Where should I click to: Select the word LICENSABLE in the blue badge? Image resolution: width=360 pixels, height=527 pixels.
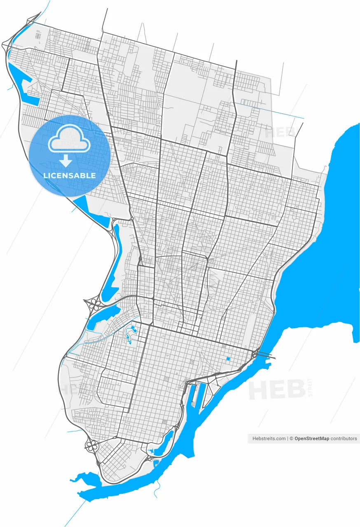(x=70, y=175)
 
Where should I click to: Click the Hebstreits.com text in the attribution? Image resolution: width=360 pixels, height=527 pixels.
(x=269, y=439)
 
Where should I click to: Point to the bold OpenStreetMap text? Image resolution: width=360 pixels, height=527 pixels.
(x=312, y=439)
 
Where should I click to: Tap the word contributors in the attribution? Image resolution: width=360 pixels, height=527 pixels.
(x=344, y=439)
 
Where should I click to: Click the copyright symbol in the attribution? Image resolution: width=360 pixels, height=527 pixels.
(x=291, y=439)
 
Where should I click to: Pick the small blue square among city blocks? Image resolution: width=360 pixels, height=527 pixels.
(x=228, y=359)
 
